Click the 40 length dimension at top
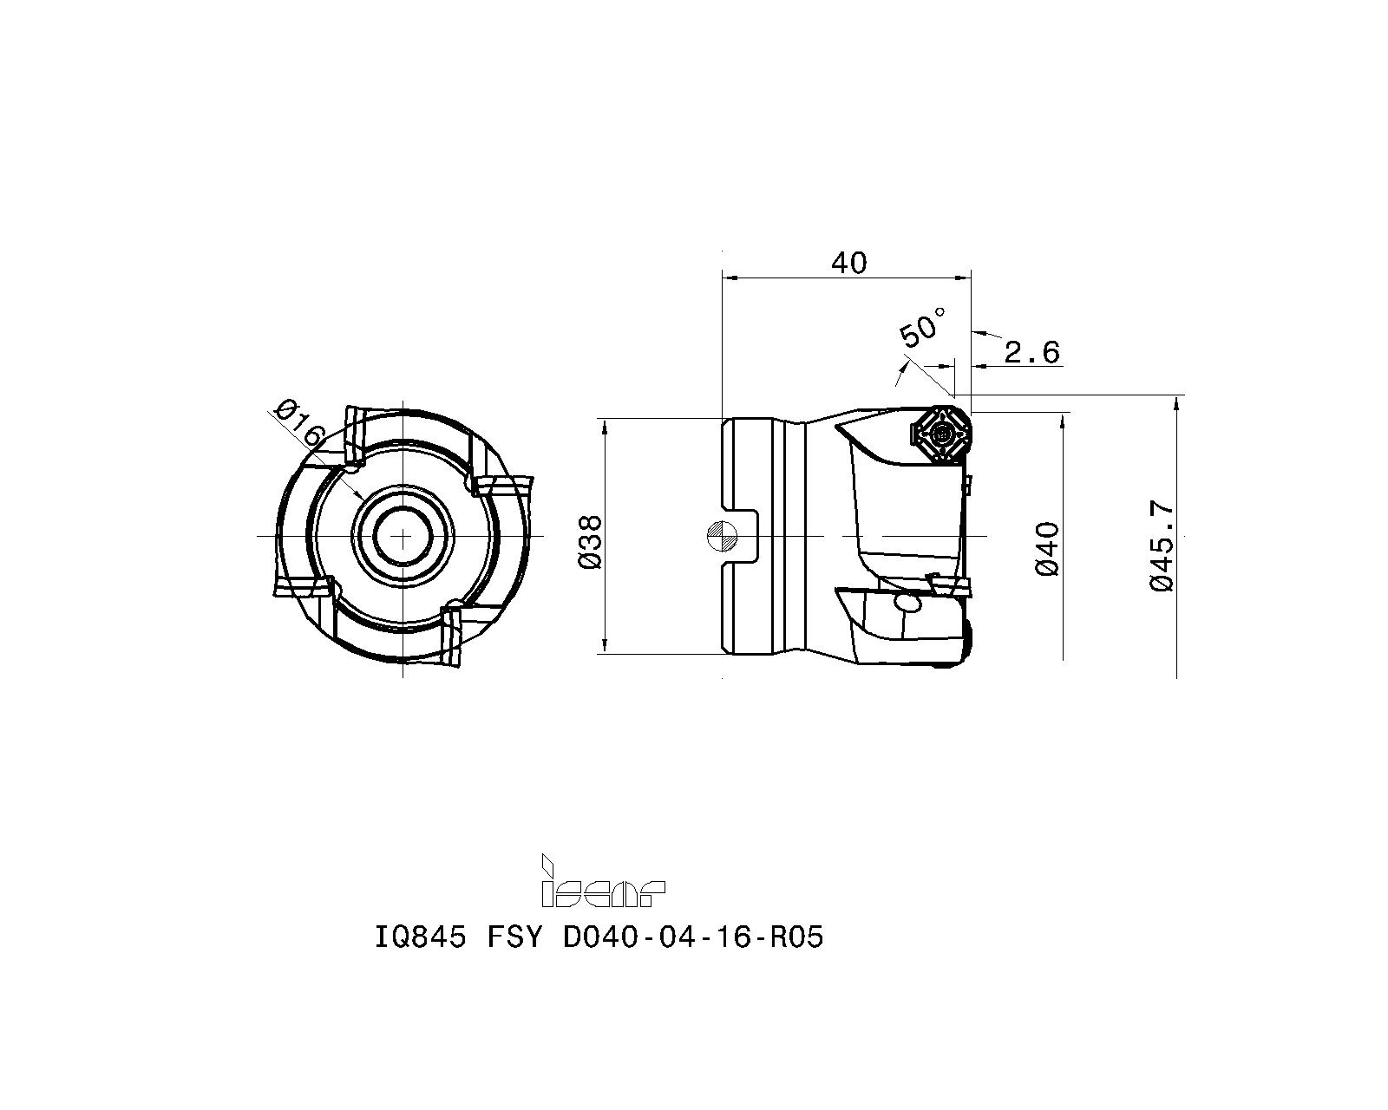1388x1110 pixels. coord(848,262)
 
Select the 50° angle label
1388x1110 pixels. coord(921,328)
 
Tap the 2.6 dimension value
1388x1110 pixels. coord(1031,352)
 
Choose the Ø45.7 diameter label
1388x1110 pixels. coord(1162,546)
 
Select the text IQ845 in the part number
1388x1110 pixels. coord(420,937)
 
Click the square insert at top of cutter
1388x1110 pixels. coord(940,431)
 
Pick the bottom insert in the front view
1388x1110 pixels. coord(452,637)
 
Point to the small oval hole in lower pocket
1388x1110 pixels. coord(907,603)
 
